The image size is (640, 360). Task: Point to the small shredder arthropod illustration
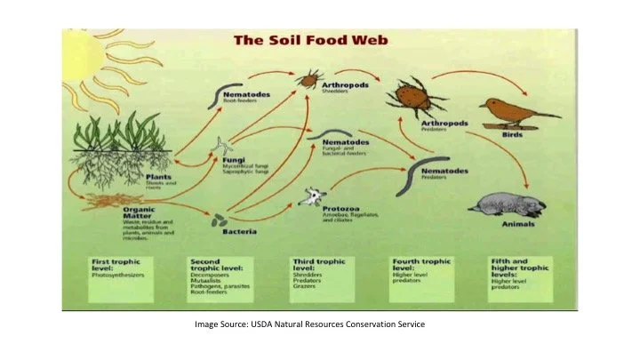point(308,79)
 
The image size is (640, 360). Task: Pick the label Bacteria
point(240,232)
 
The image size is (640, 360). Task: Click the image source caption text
point(310,324)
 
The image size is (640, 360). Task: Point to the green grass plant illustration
point(116,133)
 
